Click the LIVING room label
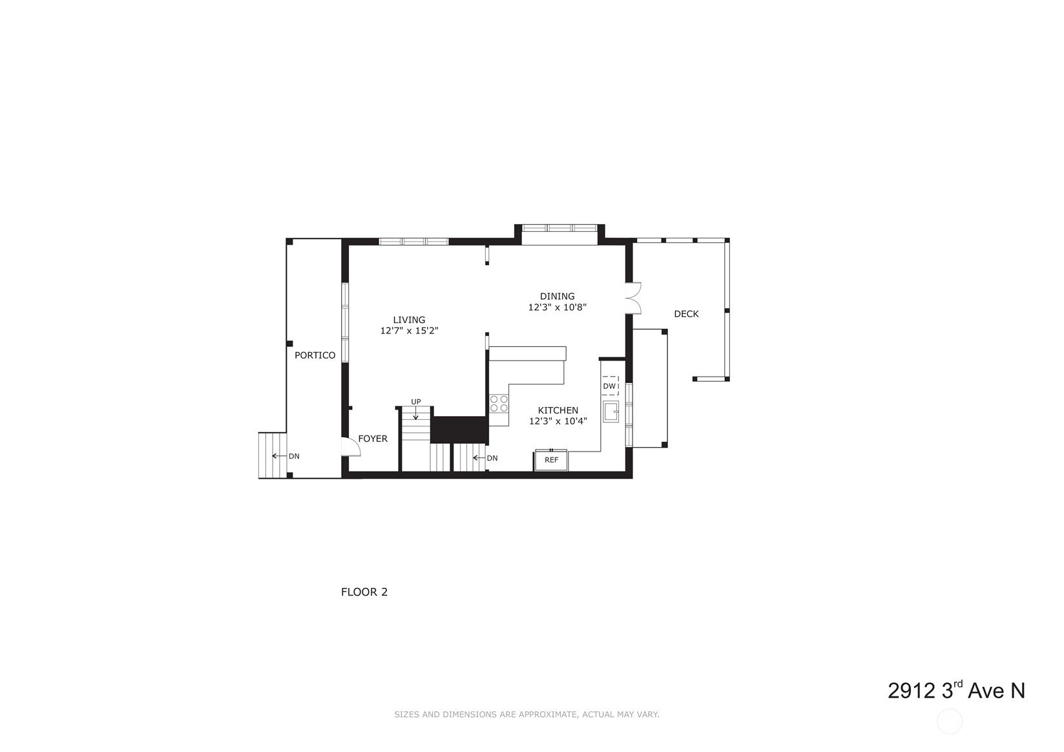point(409,320)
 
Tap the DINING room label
point(557,296)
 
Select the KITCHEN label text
point(558,410)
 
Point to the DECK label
point(686,313)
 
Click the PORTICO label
point(315,355)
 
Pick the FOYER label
point(373,439)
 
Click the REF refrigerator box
point(552,460)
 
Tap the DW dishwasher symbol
point(610,386)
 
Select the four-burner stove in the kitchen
point(499,404)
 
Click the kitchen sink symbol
point(611,412)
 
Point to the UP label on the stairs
point(415,402)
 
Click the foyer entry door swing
point(351,446)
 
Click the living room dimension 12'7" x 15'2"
point(409,331)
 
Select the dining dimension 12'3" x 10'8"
point(557,307)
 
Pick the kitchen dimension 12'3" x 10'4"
point(558,421)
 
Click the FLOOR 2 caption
point(364,592)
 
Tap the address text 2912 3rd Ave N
point(956,691)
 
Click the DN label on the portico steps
point(294,456)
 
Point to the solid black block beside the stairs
point(460,430)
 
